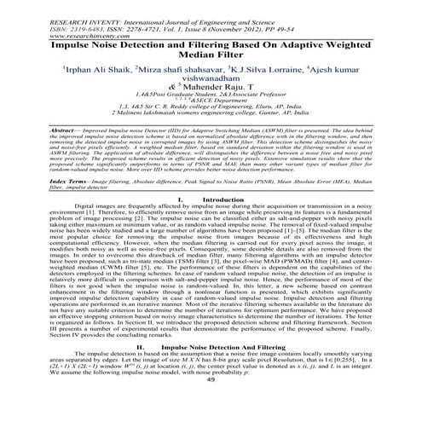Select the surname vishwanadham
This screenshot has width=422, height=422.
pyautogui.click(x=210, y=78)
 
